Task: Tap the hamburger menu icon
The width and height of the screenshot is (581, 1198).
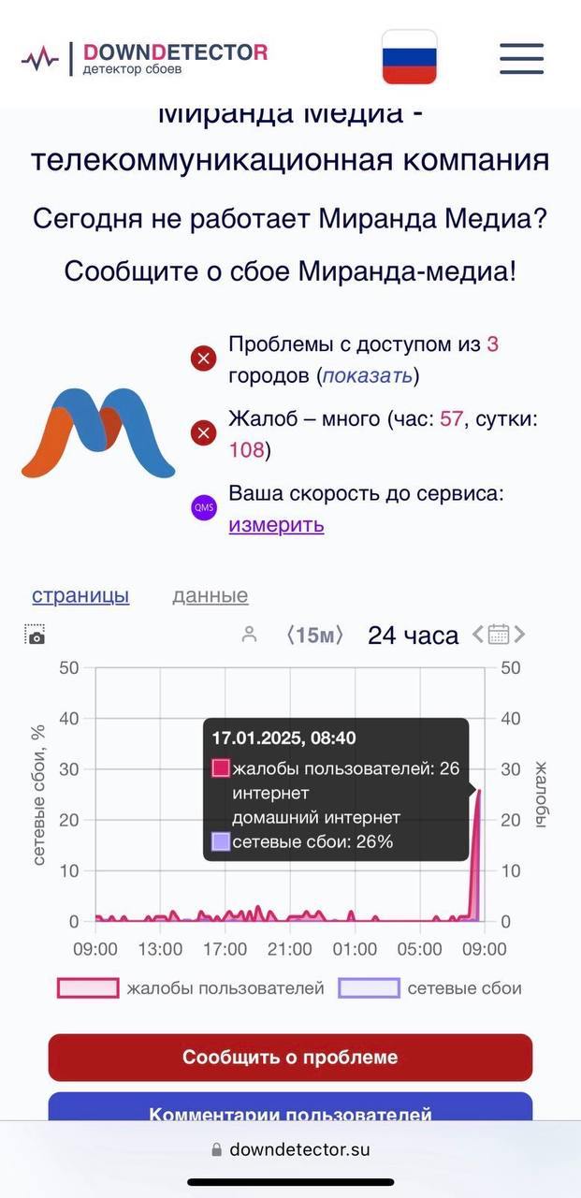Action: [521, 58]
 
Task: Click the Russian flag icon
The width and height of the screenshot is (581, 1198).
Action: [409, 57]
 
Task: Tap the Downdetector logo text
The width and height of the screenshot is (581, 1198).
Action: [175, 52]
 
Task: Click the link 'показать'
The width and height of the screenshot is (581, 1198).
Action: [367, 375]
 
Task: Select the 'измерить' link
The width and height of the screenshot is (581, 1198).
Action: [276, 524]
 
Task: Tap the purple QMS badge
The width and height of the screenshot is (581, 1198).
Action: [204, 508]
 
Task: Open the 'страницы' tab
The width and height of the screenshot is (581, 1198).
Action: [80, 595]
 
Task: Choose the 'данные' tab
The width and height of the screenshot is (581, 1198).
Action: [210, 595]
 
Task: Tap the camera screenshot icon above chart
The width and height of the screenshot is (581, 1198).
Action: [36, 635]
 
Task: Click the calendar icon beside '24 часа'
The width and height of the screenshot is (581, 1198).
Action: [499, 635]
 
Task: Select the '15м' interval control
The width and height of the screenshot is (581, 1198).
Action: [314, 636]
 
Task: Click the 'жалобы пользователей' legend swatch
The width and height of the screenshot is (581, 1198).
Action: [88, 988]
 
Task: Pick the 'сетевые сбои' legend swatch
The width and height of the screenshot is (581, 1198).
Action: [369, 988]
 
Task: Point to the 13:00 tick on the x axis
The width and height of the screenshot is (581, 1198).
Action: [160, 949]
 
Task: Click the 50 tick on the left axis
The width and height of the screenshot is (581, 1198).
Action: [68, 668]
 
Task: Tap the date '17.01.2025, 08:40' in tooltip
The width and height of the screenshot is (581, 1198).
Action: [283, 738]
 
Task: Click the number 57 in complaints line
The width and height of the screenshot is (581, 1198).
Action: [451, 418]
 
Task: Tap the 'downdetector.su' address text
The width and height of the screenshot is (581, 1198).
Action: [299, 1149]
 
